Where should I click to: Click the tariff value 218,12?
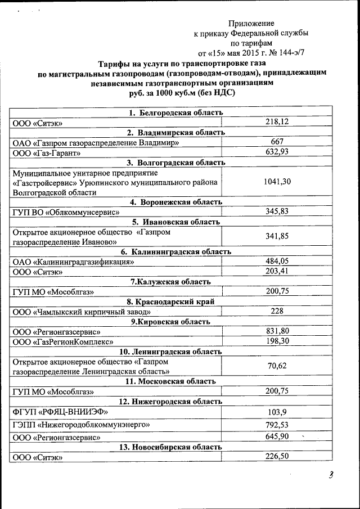click(277, 122)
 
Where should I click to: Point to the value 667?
click(277, 142)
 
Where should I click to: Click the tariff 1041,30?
click(277, 182)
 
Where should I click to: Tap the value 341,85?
click(277, 236)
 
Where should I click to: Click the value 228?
click(277, 311)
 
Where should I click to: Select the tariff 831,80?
click(277, 331)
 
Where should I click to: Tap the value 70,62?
click(277, 366)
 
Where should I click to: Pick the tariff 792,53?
click(277, 424)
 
